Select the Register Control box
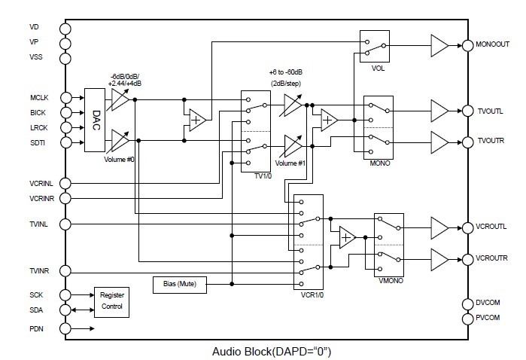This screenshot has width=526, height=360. click(111, 301)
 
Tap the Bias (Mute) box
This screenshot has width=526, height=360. click(180, 284)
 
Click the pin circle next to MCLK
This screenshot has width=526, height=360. click(65, 97)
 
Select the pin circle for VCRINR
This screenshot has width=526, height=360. click(65, 198)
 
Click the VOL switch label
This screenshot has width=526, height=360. click(379, 68)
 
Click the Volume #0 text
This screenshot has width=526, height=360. click(120, 159)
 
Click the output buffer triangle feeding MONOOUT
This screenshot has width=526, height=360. click(439, 44)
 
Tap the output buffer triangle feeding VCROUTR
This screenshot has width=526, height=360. click(439, 259)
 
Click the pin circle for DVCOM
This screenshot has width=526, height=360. click(467, 304)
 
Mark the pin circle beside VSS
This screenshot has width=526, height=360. click(65, 57)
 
